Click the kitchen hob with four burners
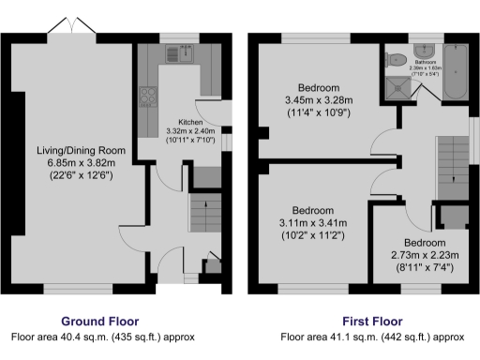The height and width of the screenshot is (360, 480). (x=148, y=95)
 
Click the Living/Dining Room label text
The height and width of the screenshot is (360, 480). (x=75, y=150)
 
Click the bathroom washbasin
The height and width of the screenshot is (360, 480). (x=420, y=47)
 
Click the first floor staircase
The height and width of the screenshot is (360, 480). (x=453, y=161)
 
